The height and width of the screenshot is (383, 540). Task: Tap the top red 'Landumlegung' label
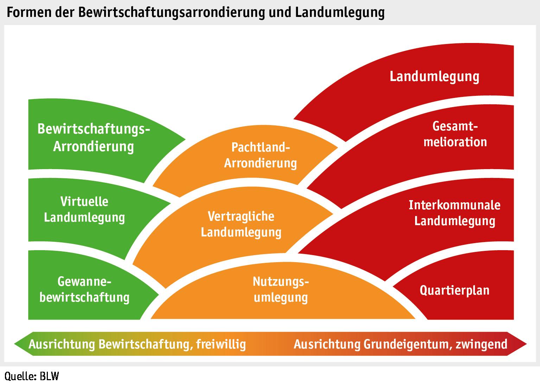coord(434,76)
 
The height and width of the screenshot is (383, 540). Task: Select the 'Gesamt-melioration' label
coord(455,134)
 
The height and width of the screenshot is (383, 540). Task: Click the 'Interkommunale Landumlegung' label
coord(455,213)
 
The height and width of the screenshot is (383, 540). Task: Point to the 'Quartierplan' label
coord(455,290)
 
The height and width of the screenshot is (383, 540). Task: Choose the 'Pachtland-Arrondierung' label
coord(260,155)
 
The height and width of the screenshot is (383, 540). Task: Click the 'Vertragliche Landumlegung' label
coord(241,224)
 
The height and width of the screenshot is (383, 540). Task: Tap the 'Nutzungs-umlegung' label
coord(281,289)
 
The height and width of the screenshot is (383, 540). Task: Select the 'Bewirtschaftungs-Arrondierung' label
coord(94,137)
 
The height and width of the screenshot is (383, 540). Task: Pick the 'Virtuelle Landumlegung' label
coord(84,209)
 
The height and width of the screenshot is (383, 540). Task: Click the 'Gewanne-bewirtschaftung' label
coord(84,289)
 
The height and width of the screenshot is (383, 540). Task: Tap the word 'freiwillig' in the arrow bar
coord(221,344)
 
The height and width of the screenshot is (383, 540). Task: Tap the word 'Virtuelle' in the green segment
coord(84,202)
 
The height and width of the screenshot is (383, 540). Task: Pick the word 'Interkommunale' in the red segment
coord(455,205)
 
